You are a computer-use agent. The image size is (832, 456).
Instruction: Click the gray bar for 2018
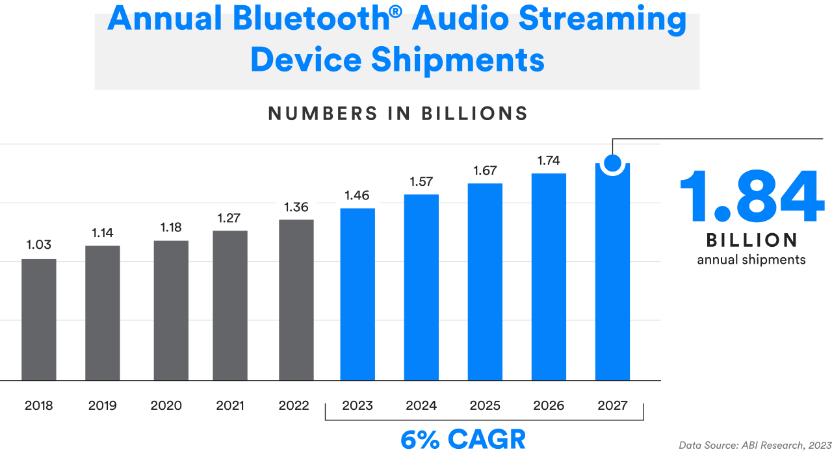tap(39, 319)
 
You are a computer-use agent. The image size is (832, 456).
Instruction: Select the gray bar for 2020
tap(171, 310)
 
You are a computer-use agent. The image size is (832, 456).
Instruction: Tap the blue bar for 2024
tap(421, 286)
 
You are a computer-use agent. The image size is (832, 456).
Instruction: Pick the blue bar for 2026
tap(549, 276)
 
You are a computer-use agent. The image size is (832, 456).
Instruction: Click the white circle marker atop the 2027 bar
tap(612, 163)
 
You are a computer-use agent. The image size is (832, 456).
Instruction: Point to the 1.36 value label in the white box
tap(296, 208)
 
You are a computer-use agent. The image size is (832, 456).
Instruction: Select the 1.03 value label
tap(39, 245)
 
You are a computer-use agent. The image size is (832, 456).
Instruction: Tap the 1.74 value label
tap(549, 160)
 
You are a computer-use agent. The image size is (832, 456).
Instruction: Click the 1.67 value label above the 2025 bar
tap(485, 170)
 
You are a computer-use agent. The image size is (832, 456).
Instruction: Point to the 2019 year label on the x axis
tap(102, 406)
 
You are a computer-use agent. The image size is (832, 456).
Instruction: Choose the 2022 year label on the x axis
tap(294, 406)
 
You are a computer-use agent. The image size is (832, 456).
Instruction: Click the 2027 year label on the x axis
tap(612, 406)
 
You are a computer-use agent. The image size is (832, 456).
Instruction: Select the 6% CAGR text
tap(463, 440)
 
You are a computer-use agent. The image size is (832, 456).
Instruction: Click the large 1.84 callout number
tap(751, 197)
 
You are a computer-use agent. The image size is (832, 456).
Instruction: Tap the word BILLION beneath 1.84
tap(752, 240)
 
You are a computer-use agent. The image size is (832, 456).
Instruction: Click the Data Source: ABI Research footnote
tap(755, 446)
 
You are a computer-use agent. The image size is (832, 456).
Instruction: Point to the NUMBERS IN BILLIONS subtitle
tap(398, 114)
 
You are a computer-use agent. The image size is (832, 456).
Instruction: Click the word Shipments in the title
tap(458, 60)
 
